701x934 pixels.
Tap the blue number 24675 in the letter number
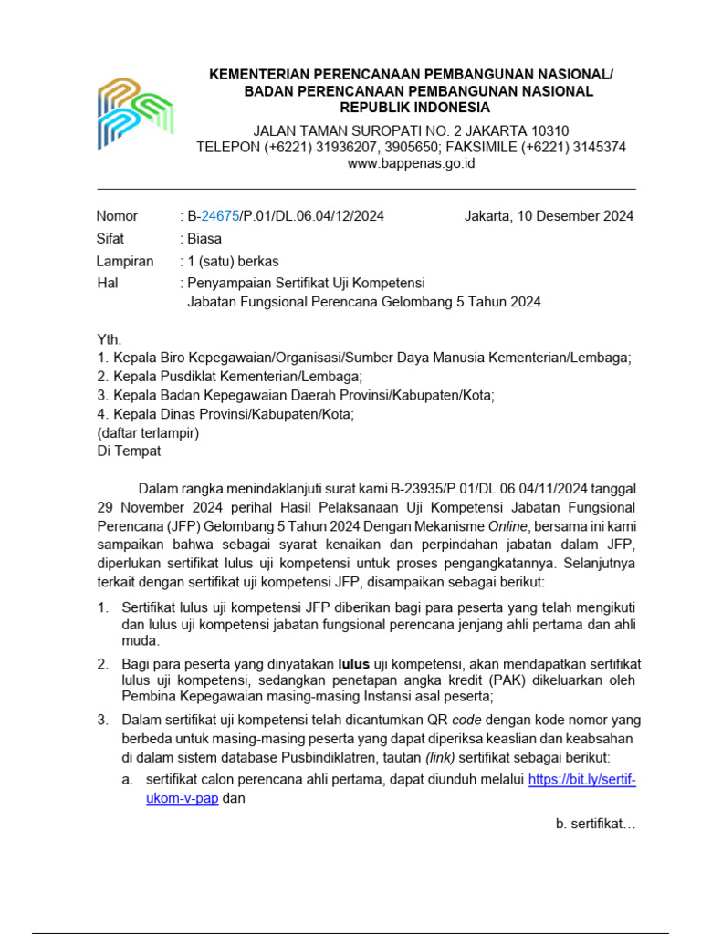(219, 216)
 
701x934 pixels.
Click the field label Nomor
(117, 216)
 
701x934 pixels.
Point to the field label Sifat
(110, 239)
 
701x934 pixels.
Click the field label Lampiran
(125, 261)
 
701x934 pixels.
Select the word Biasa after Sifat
(204, 239)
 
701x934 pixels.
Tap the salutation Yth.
(109, 339)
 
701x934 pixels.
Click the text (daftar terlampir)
(148, 433)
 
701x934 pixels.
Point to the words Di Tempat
(129, 451)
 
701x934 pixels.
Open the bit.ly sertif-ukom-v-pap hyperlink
(581, 780)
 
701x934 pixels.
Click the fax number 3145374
(593, 147)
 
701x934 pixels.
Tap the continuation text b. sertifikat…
(594, 824)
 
